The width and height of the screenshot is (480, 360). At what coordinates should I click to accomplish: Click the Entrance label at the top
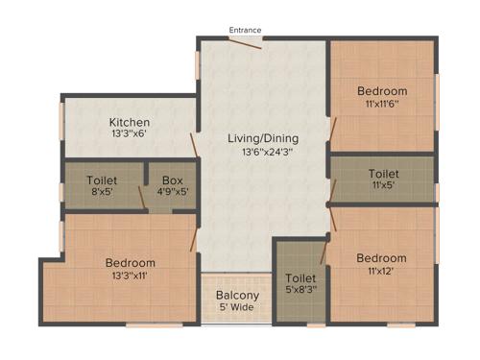(x=245, y=31)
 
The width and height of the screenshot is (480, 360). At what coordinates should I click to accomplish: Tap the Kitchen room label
(x=129, y=123)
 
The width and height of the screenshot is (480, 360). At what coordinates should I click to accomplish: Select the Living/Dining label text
(x=262, y=138)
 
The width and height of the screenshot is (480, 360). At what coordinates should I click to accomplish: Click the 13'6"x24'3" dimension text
(x=262, y=152)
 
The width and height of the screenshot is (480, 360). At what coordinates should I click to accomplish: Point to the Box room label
(x=172, y=180)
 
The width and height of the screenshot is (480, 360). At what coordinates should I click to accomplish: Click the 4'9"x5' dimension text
(x=172, y=192)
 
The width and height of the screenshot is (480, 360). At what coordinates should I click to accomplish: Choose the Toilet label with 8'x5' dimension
(x=102, y=180)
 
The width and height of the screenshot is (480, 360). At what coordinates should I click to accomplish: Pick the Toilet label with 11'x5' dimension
(x=383, y=174)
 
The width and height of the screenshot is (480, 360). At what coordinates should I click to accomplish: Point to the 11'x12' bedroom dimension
(x=381, y=271)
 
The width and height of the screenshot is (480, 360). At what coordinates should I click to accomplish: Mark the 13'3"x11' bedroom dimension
(x=130, y=276)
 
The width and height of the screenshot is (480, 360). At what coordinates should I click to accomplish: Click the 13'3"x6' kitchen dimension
(x=129, y=135)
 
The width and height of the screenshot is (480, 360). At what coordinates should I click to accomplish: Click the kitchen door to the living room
(x=195, y=145)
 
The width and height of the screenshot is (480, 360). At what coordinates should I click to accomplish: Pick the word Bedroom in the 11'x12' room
(x=381, y=258)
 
